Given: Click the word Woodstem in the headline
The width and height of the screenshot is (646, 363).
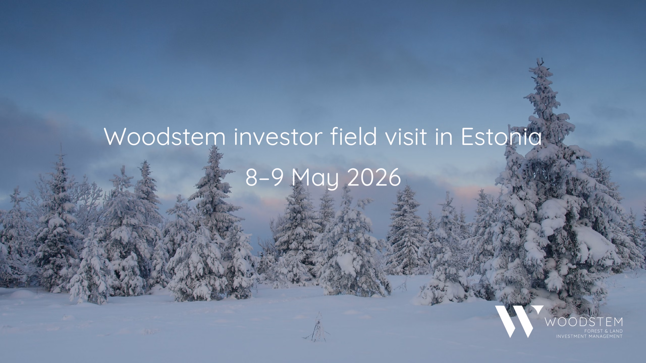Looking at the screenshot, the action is click(x=165, y=137).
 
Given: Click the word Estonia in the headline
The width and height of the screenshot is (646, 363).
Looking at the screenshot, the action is click(x=501, y=137).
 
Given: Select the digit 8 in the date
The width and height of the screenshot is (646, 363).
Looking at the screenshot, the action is click(x=251, y=178).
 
